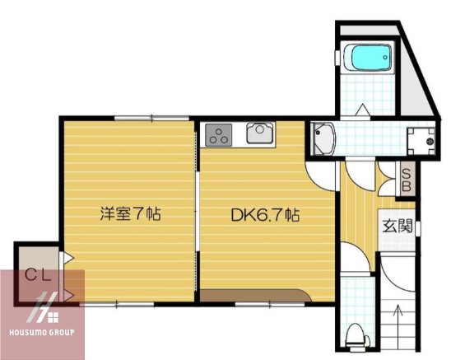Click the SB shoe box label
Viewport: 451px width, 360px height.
[405, 180]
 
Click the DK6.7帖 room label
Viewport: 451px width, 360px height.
[264, 216]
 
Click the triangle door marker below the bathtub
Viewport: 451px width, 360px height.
[362, 110]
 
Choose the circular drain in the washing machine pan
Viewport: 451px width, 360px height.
[430, 143]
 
